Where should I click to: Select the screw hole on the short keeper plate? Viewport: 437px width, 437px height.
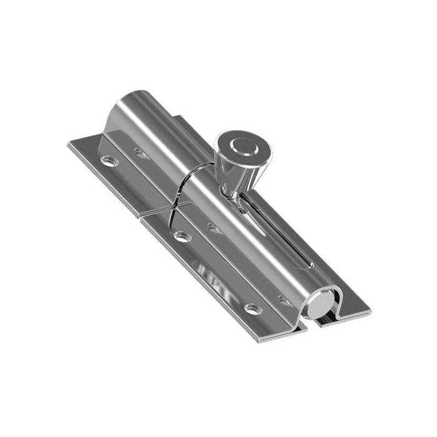pos(110,161)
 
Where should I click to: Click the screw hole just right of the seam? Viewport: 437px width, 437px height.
pos(182,237)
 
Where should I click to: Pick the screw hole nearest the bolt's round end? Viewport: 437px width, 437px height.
pos(253,309)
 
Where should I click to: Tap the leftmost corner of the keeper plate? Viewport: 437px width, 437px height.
pos(69,145)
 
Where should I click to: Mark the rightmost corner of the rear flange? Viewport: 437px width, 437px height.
pos(370,310)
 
